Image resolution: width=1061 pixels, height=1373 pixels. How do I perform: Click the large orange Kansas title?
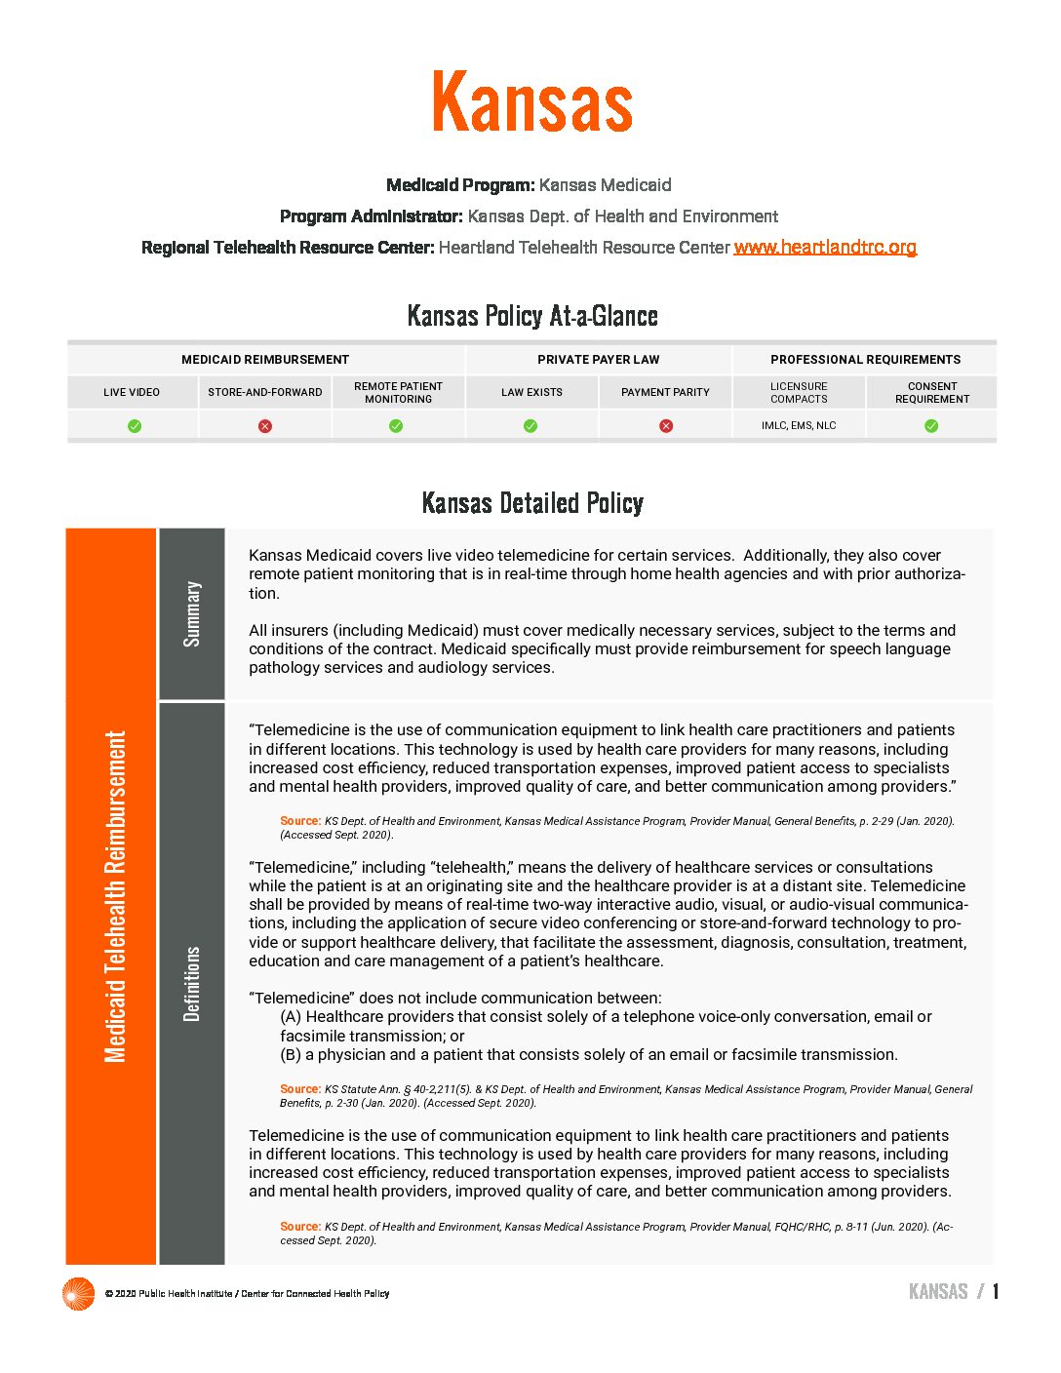(532, 102)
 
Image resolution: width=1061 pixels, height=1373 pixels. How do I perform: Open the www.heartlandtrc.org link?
(825, 248)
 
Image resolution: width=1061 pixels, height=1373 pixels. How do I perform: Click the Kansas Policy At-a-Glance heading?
(532, 316)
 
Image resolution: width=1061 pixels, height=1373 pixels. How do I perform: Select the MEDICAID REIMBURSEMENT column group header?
(265, 360)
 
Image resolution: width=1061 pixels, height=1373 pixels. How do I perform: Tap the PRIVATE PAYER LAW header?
(598, 360)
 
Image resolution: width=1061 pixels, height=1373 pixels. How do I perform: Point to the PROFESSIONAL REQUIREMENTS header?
(865, 360)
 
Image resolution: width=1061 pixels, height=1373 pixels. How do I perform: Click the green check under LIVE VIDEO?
(135, 426)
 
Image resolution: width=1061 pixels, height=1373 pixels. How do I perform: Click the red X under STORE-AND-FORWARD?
(265, 426)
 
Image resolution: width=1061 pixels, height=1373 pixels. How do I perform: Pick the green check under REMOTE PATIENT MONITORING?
(396, 426)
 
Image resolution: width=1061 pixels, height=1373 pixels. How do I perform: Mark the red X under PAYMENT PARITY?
(666, 426)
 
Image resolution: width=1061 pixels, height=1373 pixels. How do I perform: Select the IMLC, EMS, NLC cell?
(799, 426)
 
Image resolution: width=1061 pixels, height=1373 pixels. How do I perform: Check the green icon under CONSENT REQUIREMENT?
(931, 426)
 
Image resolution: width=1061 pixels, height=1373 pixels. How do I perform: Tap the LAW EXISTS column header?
(531, 392)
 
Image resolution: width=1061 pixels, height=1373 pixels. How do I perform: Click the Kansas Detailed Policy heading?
(532, 503)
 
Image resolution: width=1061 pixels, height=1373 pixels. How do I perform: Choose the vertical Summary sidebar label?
(192, 614)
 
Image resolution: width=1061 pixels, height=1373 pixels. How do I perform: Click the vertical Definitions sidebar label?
(192, 983)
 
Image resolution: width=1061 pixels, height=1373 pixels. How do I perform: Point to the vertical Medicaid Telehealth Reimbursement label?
(115, 896)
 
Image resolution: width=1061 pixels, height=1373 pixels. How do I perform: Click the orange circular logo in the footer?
(78, 1294)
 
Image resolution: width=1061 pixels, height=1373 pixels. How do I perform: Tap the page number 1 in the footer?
(996, 1292)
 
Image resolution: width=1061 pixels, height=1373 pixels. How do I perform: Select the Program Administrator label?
(371, 216)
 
